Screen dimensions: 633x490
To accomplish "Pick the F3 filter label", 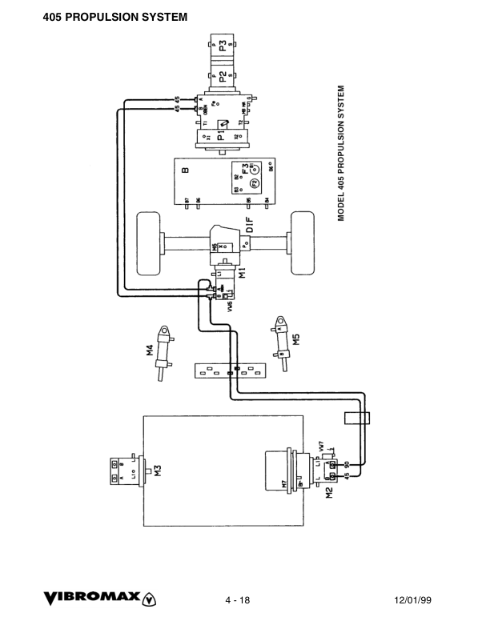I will (x=245, y=169).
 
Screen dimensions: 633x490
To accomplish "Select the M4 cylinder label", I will (x=149, y=349).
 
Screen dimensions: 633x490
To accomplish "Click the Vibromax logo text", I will (x=93, y=597).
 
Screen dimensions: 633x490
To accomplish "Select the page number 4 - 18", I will (x=238, y=599).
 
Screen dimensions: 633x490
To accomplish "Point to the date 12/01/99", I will (x=414, y=599).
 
